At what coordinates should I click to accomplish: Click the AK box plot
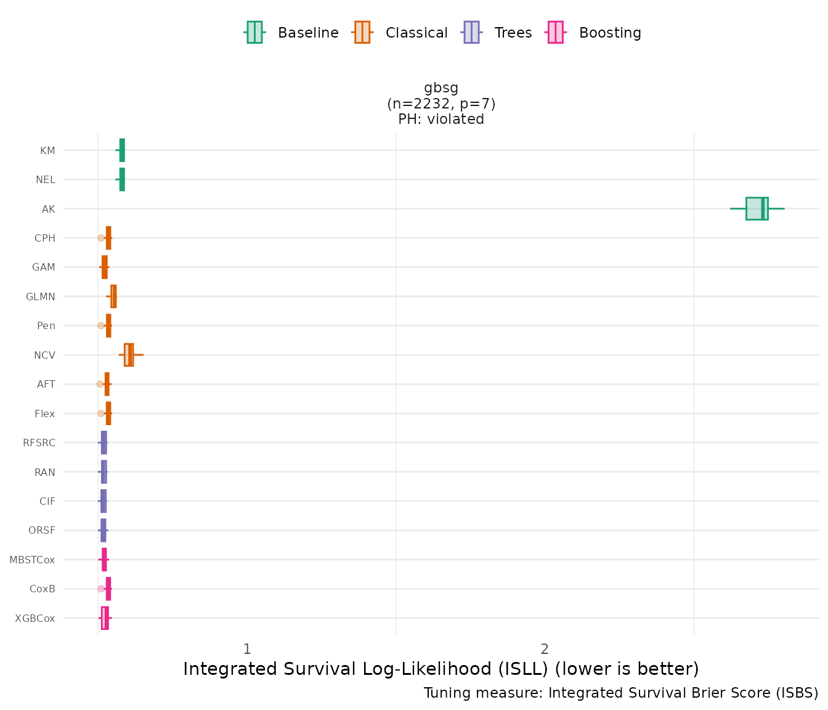pyautogui.click(x=757, y=208)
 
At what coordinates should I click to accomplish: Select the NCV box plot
pyautogui.click(x=129, y=355)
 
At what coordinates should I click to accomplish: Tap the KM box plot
pyautogui.click(x=122, y=150)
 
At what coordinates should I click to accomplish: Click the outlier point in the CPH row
pyautogui.click(x=101, y=238)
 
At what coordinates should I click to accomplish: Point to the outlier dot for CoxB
pyautogui.click(x=101, y=589)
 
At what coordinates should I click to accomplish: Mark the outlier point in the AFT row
pyautogui.click(x=100, y=384)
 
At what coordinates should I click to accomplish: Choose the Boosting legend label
pyautogui.click(x=610, y=33)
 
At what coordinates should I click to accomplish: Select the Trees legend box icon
pyautogui.click(x=471, y=33)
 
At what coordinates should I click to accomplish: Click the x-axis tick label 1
pyautogui.click(x=246, y=649)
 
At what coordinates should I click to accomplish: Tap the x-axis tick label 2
pyautogui.click(x=545, y=649)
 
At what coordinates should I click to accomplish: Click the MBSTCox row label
pyautogui.click(x=32, y=560)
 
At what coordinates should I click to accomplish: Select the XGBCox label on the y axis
pyautogui.click(x=34, y=618)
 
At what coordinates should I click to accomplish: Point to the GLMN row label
pyautogui.click(x=41, y=296)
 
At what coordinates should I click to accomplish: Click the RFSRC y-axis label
pyautogui.click(x=39, y=443)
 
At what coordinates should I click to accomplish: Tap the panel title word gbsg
pyautogui.click(x=441, y=88)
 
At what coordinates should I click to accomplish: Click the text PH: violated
pyautogui.click(x=441, y=119)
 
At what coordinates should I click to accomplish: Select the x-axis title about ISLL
pyautogui.click(x=441, y=669)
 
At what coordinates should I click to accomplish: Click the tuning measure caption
pyautogui.click(x=621, y=693)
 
